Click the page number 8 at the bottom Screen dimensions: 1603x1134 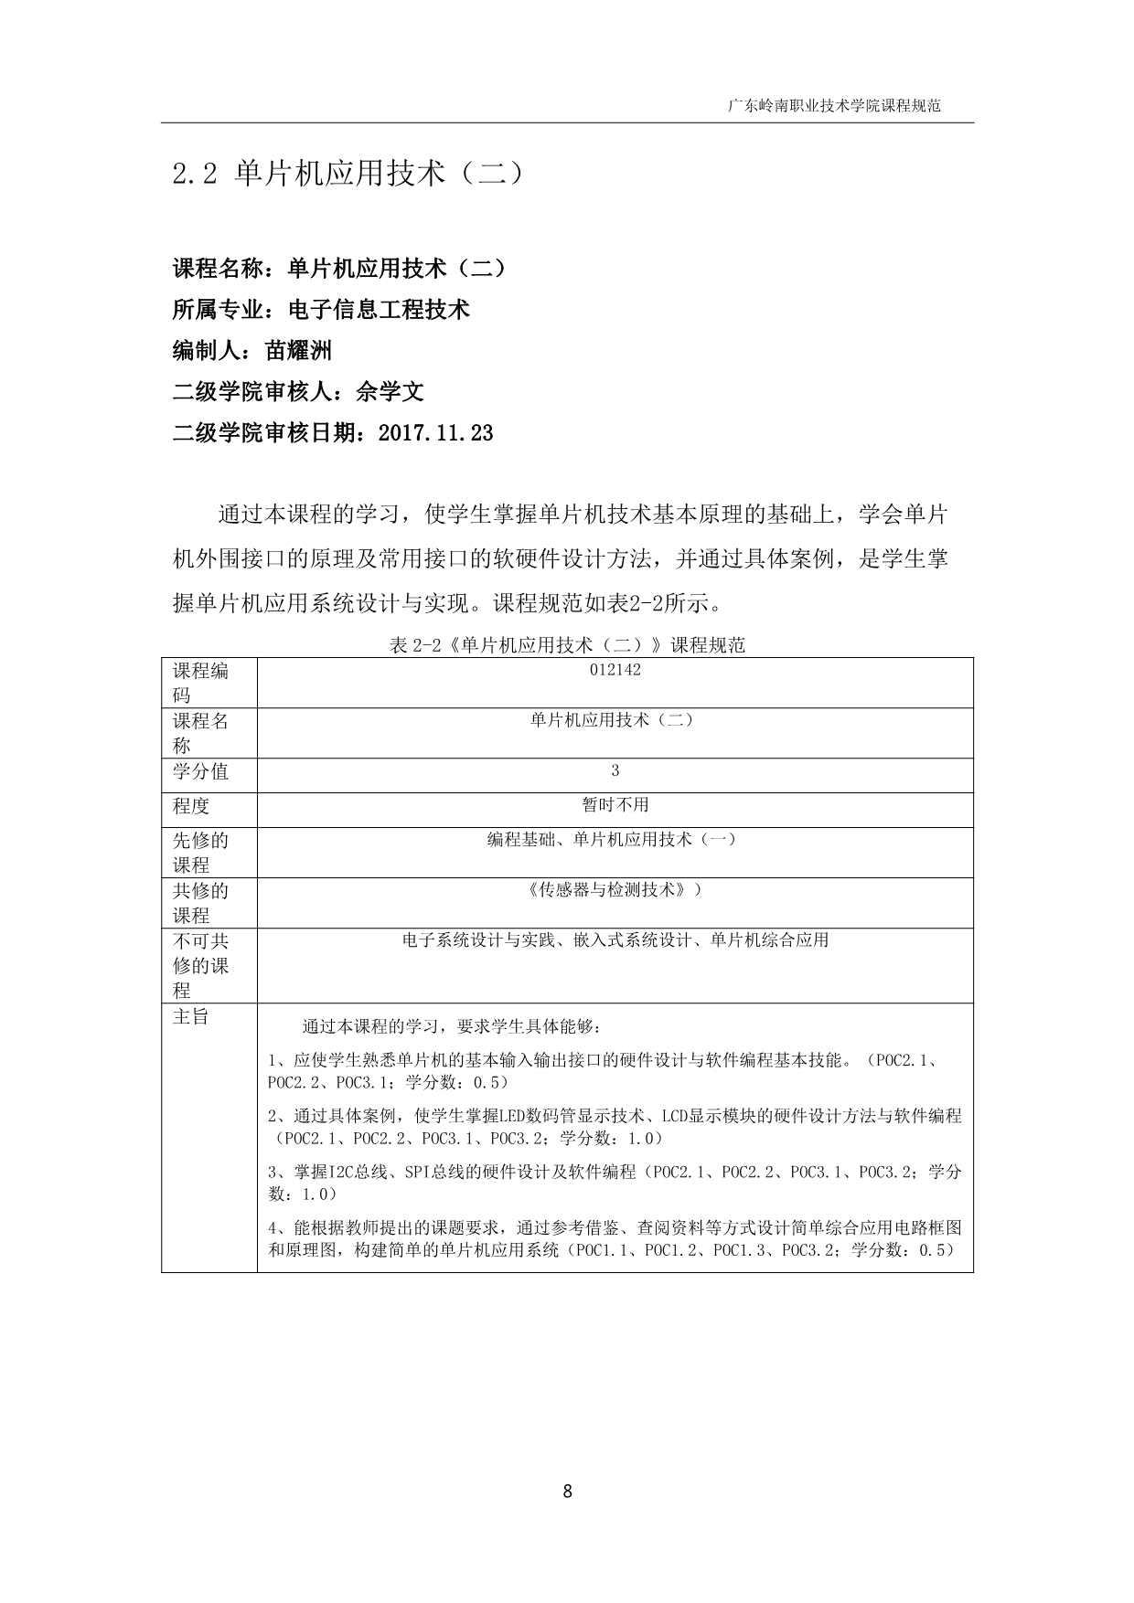click(x=567, y=1492)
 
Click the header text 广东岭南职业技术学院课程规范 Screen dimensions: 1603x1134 click(x=833, y=106)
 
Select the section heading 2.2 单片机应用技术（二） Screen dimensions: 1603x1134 click(x=348, y=174)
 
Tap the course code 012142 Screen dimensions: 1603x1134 click(x=615, y=670)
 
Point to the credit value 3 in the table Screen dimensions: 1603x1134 click(x=615, y=770)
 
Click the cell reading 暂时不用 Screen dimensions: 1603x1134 click(x=615, y=805)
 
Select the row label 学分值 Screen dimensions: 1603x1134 click(x=200, y=772)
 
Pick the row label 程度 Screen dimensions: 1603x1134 click(x=191, y=806)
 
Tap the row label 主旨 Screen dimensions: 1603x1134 click(x=191, y=1017)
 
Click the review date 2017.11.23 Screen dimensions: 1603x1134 click(x=435, y=433)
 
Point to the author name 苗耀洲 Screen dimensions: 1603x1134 click(x=298, y=351)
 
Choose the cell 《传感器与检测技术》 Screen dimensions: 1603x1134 click(x=615, y=888)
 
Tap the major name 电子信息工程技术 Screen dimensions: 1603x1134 click(x=379, y=310)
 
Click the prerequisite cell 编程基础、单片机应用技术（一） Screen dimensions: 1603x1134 click(x=612, y=839)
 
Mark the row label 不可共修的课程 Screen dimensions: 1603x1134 click(x=200, y=966)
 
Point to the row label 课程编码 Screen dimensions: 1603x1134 click(x=200, y=683)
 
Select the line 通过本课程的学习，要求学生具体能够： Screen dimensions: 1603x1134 click(x=451, y=1027)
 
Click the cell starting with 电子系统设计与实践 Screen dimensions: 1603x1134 click(x=615, y=940)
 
